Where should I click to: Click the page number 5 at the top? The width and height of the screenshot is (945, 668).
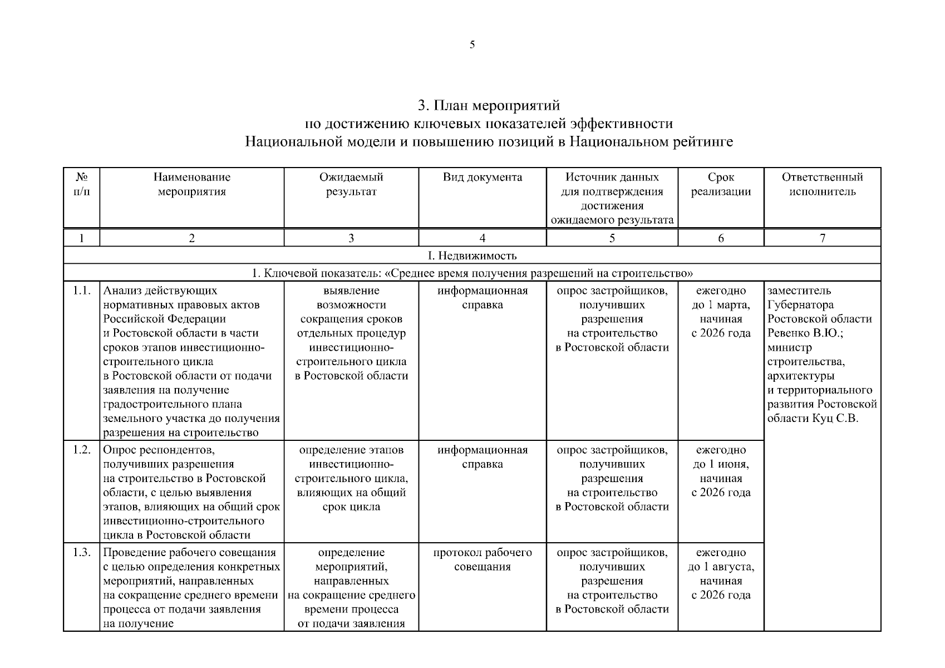[x=472, y=45]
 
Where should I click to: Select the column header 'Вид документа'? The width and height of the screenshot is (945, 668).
[x=482, y=178]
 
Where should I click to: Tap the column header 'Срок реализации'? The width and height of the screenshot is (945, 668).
[x=721, y=185]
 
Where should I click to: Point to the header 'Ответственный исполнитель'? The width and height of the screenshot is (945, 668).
[x=822, y=185]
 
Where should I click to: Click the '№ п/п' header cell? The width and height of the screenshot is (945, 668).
[x=81, y=185]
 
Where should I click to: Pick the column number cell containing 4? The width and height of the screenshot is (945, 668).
[x=482, y=238]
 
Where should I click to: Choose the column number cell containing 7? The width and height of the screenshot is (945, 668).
[x=822, y=238]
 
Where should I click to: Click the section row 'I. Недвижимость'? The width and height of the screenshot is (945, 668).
[x=472, y=256]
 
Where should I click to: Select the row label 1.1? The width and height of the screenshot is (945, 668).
[x=81, y=291]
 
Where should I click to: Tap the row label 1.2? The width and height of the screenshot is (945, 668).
[x=81, y=450]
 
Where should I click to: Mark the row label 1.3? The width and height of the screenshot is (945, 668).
[x=81, y=553]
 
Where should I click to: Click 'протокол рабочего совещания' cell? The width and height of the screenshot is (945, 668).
[x=482, y=559]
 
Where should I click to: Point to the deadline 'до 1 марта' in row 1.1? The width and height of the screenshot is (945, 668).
[x=721, y=305]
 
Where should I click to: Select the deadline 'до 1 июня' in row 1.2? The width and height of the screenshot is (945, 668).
[x=721, y=464]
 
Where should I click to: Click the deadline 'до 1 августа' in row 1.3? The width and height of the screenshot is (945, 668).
[x=721, y=567]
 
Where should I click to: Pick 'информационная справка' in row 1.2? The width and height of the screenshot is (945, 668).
[x=482, y=456]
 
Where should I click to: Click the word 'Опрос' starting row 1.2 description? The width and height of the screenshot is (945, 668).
[x=120, y=450]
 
